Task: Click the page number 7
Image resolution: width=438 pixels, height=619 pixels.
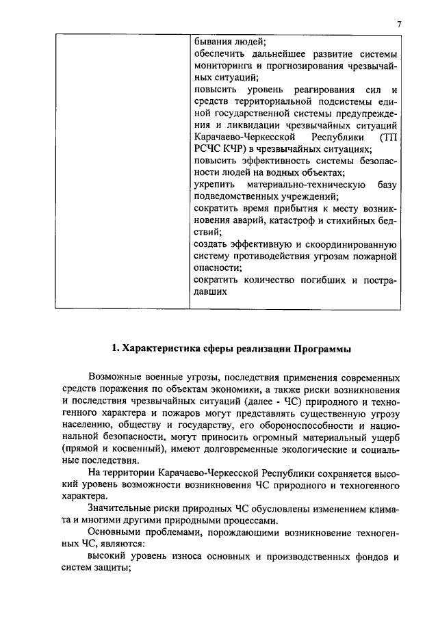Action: click(398, 25)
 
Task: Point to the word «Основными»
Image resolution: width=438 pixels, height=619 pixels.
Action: click(114, 534)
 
